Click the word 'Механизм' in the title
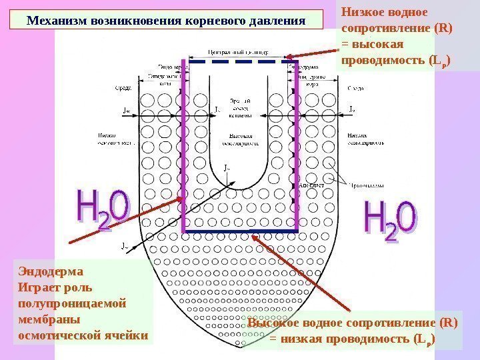(55, 19)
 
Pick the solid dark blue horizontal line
(240, 231)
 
